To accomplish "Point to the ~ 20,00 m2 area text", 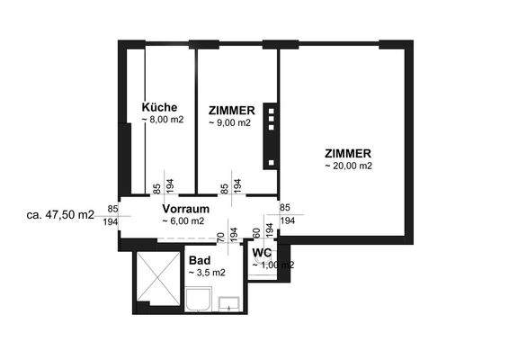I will (348, 166).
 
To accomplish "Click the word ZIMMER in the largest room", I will (349, 152).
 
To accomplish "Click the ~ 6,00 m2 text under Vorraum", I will (183, 220).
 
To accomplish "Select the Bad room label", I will (200, 259).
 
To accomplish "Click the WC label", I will (262, 253).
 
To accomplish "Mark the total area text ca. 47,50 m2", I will (61, 215).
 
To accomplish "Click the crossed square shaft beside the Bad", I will (158, 279).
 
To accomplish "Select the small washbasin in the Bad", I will (230, 303).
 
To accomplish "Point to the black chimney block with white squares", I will (269, 136).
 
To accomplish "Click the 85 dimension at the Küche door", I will (156, 187).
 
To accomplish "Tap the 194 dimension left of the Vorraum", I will (111, 220).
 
